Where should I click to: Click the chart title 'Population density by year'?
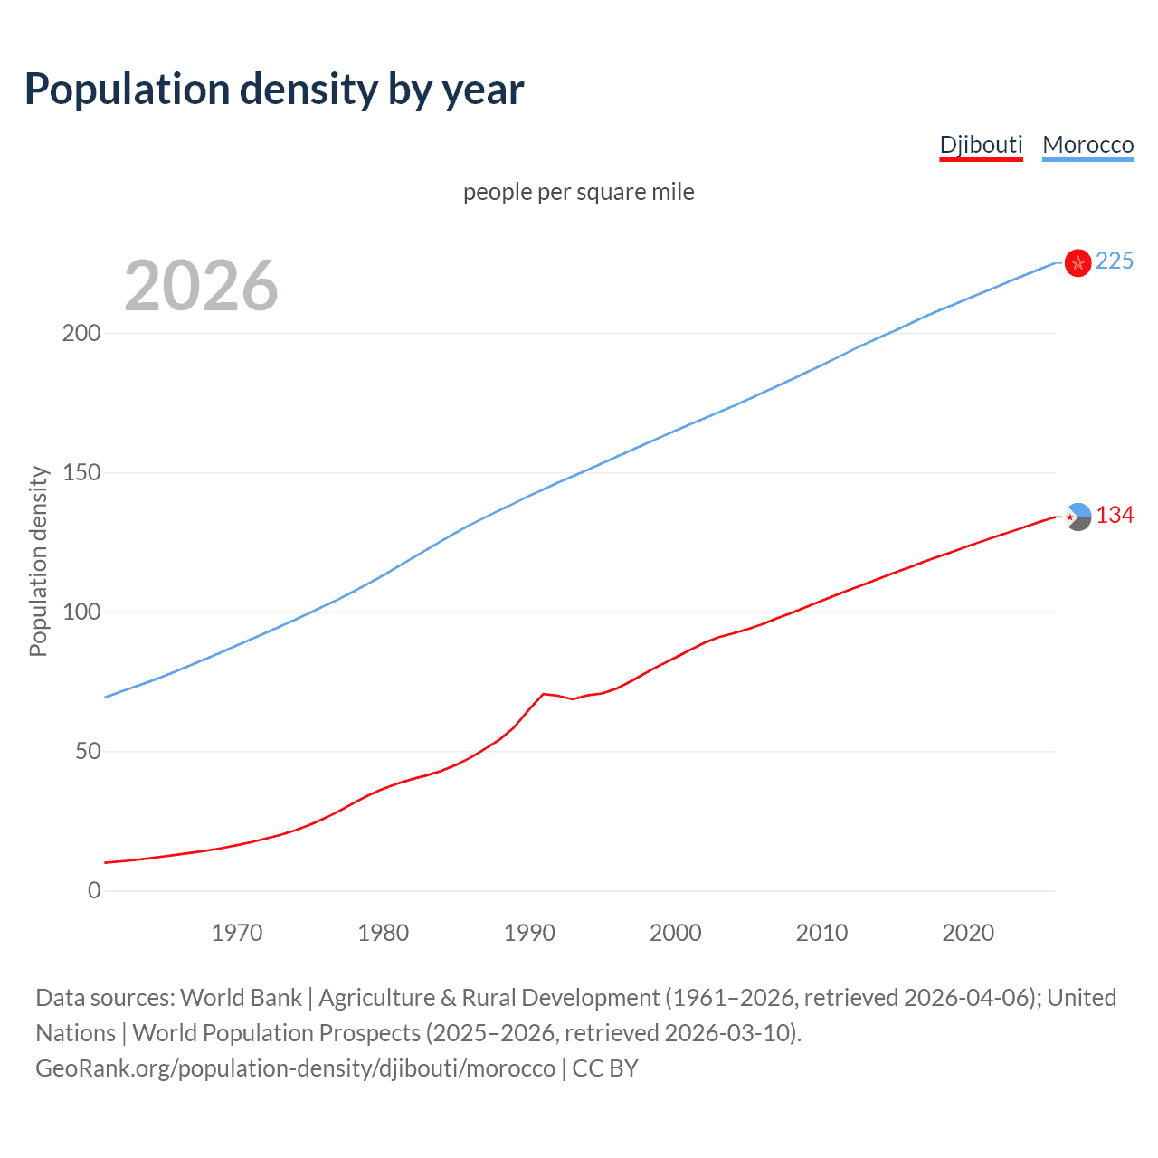click(x=274, y=90)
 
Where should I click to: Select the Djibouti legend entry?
click(x=981, y=145)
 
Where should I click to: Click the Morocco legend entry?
click(x=1087, y=145)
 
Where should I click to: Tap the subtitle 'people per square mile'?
click(x=578, y=192)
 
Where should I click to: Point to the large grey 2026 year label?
click(x=201, y=286)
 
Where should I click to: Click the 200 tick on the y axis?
click(x=81, y=334)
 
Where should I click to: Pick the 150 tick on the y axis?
click(x=81, y=473)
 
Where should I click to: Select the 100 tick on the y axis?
click(x=81, y=612)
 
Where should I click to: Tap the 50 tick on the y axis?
click(x=88, y=752)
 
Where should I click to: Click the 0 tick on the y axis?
click(x=94, y=891)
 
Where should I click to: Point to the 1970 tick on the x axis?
click(x=237, y=933)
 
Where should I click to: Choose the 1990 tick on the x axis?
click(x=529, y=933)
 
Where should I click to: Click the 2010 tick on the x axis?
click(x=821, y=933)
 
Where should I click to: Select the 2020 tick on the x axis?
click(x=968, y=933)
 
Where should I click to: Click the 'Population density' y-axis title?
click(x=38, y=561)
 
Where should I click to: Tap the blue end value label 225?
click(x=1114, y=261)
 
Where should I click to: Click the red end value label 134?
click(x=1115, y=516)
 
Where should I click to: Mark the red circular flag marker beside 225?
click(x=1077, y=262)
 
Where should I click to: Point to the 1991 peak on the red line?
click(x=544, y=694)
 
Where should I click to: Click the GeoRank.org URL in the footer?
click(x=295, y=1068)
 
